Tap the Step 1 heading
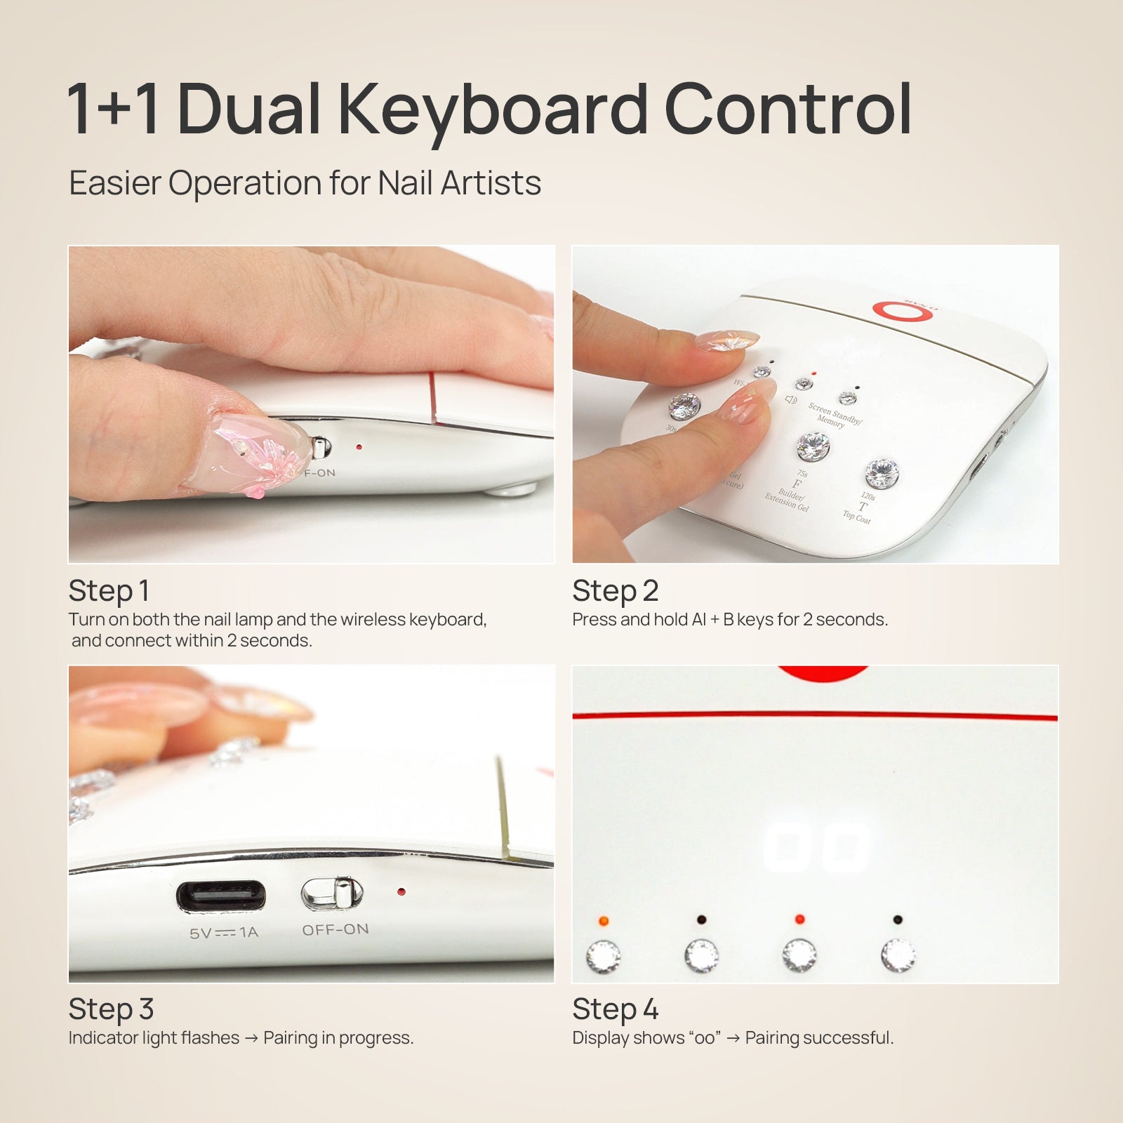109,591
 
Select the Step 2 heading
615,591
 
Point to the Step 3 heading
111,1009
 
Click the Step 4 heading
615,1009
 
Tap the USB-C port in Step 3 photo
221,896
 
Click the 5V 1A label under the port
224,933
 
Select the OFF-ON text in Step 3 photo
335,929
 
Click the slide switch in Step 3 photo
333,893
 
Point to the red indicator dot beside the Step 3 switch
401,892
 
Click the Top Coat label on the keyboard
856,517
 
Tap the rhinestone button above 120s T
882,474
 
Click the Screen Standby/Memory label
835,415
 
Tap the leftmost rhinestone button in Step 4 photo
603,956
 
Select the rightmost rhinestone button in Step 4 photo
898,955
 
